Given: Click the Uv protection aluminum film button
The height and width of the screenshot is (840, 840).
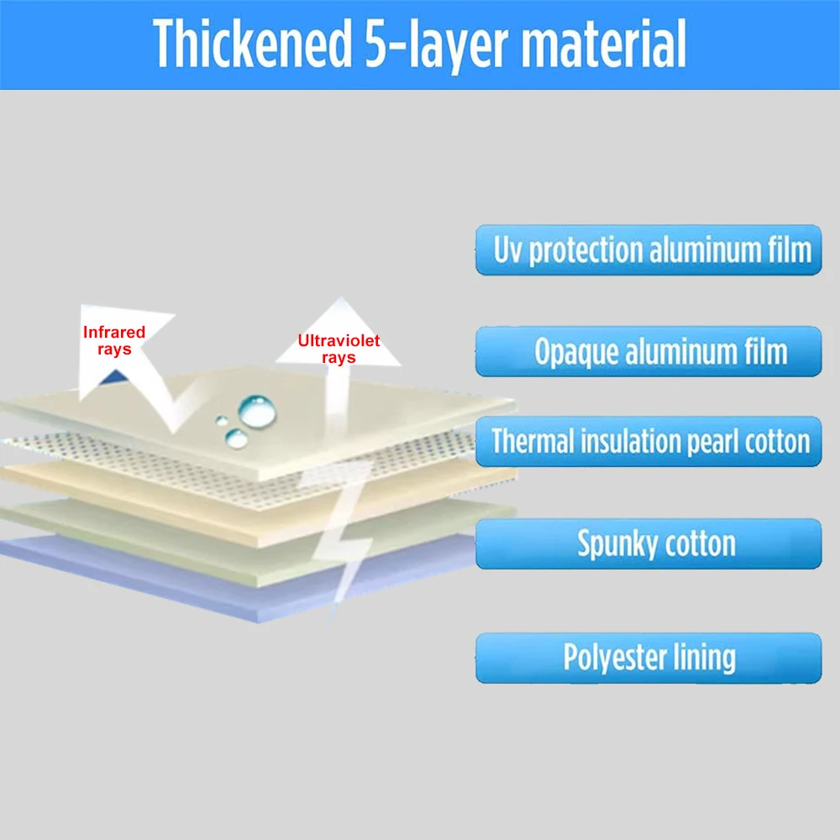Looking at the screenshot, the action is pyautogui.click(x=648, y=250).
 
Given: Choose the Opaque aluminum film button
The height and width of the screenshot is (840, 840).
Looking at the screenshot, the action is pyautogui.click(x=648, y=351).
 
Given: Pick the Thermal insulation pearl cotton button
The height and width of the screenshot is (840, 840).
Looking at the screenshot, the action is pyautogui.click(x=648, y=442).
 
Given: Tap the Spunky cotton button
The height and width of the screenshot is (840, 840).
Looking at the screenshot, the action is pyautogui.click(x=648, y=544).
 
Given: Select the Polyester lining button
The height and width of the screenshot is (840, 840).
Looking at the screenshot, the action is pyautogui.click(x=648, y=658).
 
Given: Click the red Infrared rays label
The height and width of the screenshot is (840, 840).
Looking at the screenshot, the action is pyautogui.click(x=114, y=340).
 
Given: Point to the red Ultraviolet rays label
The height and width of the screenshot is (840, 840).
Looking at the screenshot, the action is pyautogui.click(x=339, y=349).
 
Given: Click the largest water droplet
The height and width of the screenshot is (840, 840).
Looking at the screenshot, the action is pyautogui.click(x=255, y=410).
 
